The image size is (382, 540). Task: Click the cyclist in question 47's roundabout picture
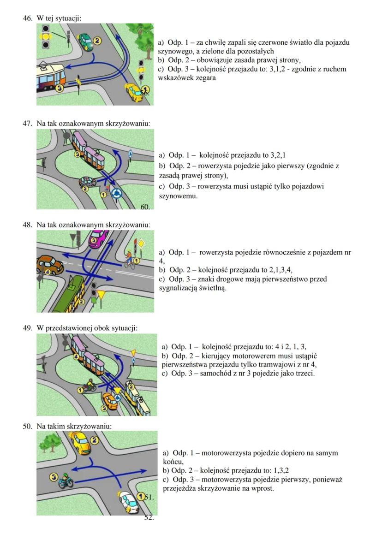107,190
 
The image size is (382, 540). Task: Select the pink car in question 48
98,239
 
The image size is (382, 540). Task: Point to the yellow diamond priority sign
142,243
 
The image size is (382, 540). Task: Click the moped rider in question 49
90,386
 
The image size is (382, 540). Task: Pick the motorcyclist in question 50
64,481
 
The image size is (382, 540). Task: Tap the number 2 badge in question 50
95,440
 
